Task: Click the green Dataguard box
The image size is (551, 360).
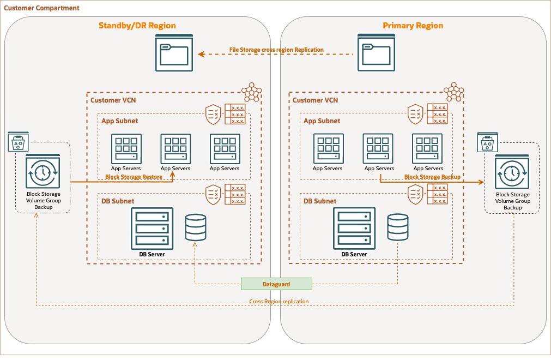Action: [276, 284]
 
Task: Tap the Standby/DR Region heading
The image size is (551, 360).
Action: [137, 26]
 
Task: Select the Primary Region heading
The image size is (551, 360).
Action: [413, 26]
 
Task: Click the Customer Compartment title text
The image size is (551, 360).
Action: [42, 8]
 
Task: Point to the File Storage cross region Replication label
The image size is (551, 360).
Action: [276, 50]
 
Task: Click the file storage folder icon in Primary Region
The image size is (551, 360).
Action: [376, 52]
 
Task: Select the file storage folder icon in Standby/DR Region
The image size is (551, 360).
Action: [174, 52]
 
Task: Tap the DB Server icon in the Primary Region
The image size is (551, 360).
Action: [354, 228]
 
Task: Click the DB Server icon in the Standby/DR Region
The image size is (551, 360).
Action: [152, 228]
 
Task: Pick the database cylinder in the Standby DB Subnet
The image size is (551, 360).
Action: [196, 227]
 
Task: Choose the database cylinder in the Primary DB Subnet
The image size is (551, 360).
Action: [398, 227]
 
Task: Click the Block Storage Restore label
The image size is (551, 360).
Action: [134, 177]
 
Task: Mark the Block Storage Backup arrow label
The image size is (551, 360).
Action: [432, 177]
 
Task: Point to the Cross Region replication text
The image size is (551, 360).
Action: [279, 302]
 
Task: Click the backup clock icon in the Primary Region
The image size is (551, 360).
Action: [512, 172]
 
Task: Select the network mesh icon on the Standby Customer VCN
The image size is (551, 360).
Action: [251, 92]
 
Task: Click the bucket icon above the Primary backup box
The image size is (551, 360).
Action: [485, 143]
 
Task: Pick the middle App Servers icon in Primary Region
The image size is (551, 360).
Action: [378, 148]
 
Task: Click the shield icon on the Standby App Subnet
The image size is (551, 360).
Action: [213, 115]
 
